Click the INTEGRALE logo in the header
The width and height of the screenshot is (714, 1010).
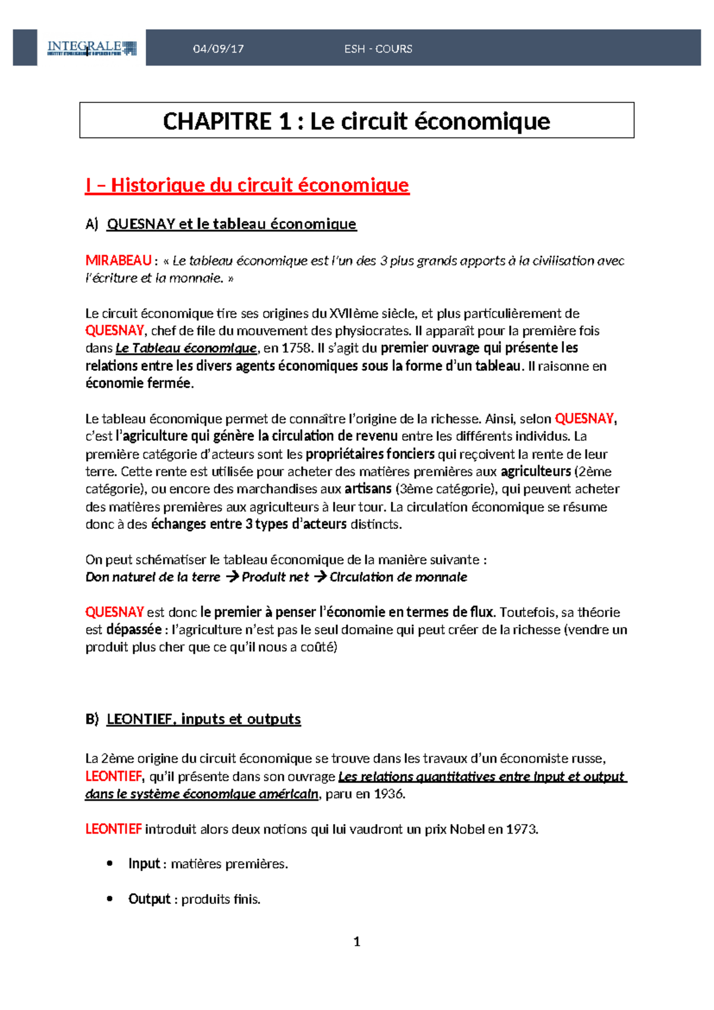pyautogui.click(x=92, y=48)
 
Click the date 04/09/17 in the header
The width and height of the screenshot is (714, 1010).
pyautogui.click(x=218, y=49)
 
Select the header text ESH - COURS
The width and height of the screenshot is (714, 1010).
pyautogui.click(x=378, y=49)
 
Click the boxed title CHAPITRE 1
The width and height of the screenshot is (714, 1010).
pyautogui.click(x=356, y=121)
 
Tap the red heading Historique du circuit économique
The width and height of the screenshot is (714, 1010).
pyautogui.click(x=248, y=185)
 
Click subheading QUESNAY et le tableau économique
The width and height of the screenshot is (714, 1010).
pyautogui.click(x=231, y=224)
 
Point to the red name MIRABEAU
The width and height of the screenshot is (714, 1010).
pyautogui.click(x=118, y=260)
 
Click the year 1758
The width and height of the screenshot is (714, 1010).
pyautogui.click(x=295, y=348)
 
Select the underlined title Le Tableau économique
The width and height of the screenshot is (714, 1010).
pyautogui.click(x=186, y=348)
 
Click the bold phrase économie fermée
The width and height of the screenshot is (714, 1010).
pyautogui.click(x=139, y=383)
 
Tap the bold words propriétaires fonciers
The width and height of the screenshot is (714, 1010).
pyautogui.click(x=369, y=454)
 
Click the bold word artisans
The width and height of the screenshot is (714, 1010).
pyautogui.click(x=368, y=489)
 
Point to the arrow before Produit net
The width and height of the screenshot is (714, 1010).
pyautogui.click(x=232, y=576)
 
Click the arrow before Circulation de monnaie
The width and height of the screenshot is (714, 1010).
pyautogui.click(x=320, y=576)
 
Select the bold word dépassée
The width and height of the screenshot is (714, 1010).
pyautogui.click(x=133, y=629)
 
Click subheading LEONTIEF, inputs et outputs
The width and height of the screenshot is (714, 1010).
pyautogui.click(x=203, y=719)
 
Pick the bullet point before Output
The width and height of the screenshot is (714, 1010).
pyautogui.click(x=109, y=899)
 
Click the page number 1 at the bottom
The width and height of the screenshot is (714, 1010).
pyautogui.click(x=356, y=942)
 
